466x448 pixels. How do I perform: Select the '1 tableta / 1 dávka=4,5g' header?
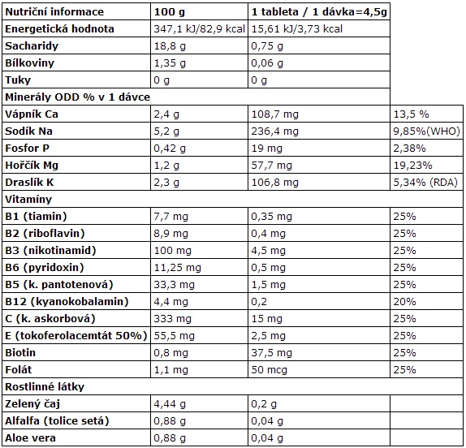pos(319,12)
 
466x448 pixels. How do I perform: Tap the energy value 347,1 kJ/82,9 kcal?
pos(199,29)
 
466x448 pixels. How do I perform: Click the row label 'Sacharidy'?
pos(32,46)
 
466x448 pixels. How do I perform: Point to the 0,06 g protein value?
pos(267,63)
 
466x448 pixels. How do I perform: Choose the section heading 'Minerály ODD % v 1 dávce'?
pos(78,97)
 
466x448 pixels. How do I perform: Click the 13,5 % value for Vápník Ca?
pos(412,114)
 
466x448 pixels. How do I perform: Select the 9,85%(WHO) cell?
pos(427,131)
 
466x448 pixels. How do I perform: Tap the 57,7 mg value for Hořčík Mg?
pos(272,166)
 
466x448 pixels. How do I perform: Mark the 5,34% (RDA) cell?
pos(425,183)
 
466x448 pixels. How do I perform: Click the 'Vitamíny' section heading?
pos(28,200)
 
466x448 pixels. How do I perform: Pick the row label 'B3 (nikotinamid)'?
pos(50,251)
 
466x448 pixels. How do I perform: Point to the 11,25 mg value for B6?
pos(178,268)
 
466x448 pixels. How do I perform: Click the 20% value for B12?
pos(404,302)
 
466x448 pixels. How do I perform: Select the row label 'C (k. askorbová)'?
pos(50,319)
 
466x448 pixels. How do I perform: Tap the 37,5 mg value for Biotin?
pos(272,353)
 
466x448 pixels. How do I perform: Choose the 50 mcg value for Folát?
pos(270,370)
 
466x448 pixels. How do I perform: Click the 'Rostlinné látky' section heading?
pos(45,387)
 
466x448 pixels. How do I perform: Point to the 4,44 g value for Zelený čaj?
pos(170,404)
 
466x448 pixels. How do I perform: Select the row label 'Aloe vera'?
pos(30,438)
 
